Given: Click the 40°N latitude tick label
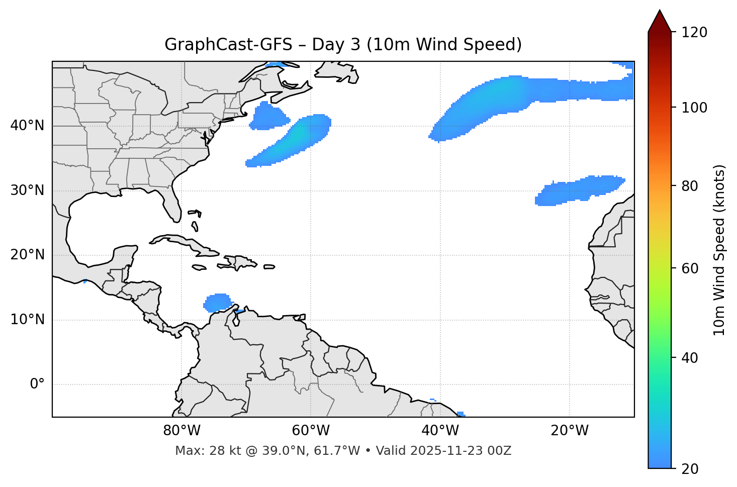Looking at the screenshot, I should (x=27, y=126).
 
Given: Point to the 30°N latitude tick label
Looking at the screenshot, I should (x=27, y=190).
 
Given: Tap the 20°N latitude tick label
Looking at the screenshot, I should (x=27, y=255).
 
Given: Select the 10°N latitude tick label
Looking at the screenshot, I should (x=27, y=320).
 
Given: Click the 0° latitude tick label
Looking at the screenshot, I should (x=37, y=384).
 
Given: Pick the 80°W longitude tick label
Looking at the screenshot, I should (x=181, y=431).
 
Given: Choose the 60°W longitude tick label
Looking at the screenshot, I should (x=311, y=431).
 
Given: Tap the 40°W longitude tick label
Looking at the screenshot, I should (x=440, y=431).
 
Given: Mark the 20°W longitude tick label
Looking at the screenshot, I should (x=569, y=431).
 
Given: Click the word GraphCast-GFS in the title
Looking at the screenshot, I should (x=228, y=45).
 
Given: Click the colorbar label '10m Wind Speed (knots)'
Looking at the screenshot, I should (x=719, y=250).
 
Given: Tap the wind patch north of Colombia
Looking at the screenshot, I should (x=218, y=303).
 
